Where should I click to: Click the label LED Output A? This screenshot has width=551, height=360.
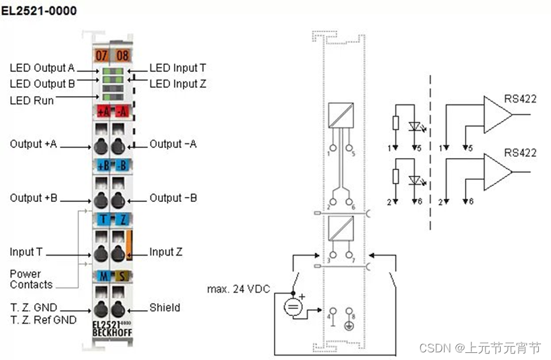tap(42, 68)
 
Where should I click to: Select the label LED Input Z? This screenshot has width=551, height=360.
tap(178, 83)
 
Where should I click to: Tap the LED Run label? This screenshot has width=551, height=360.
tap(32, 100)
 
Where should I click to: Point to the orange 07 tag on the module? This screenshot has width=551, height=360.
tap(101, 55)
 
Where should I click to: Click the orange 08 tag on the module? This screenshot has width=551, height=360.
tap(122, 55)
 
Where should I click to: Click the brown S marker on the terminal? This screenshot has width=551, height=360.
tap(120, 275)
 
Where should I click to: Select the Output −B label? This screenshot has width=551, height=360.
tap(173, 198)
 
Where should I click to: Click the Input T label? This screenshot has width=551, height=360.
tap(26, 252)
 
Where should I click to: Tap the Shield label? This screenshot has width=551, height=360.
tap(164, 307)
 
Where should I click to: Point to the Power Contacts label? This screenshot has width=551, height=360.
tap(31, 279)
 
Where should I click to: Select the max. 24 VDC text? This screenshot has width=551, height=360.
tap(239, 289)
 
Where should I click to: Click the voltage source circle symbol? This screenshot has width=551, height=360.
tap(292, 307)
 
